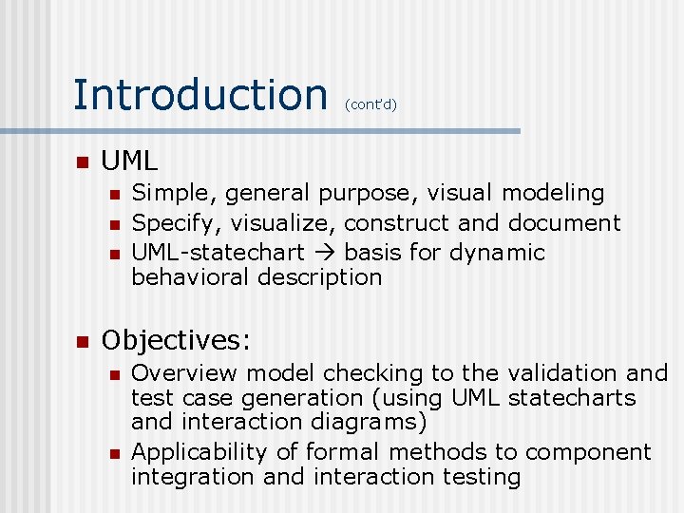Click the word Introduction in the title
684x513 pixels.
(199, 94)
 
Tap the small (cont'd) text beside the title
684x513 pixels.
(370, 104)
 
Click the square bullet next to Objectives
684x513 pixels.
(82, 341)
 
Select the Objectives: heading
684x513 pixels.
(176, 340)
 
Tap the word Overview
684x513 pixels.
(182, 373)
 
